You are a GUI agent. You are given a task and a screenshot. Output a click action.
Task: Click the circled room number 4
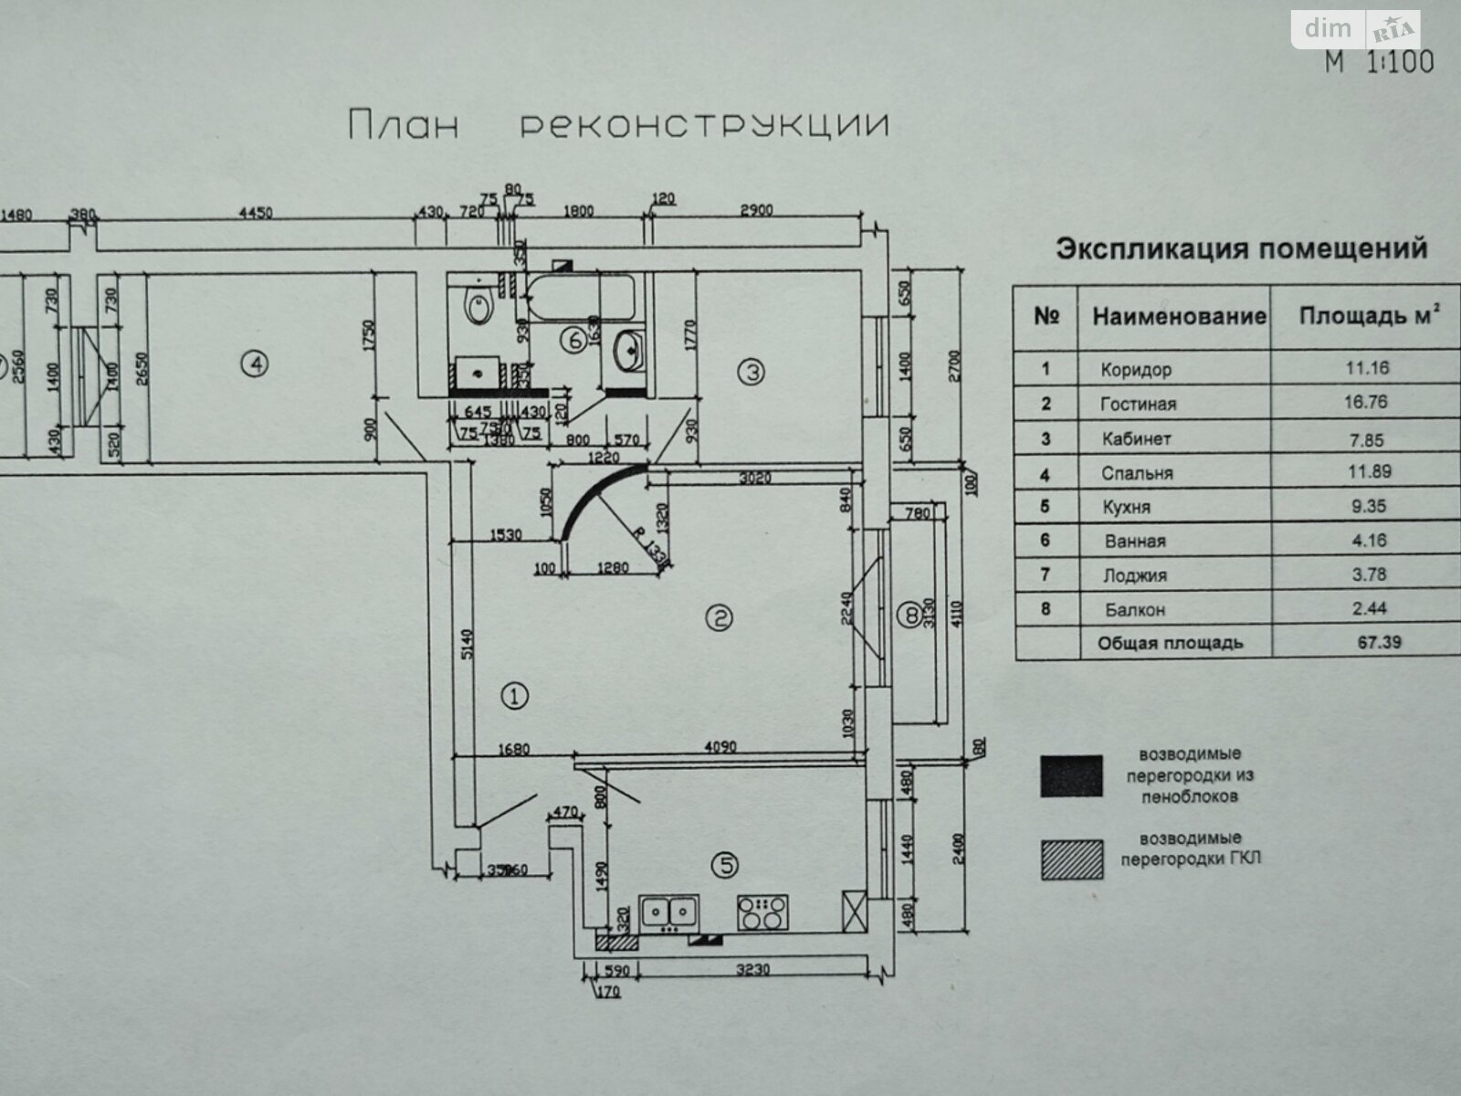[x=256, y=364]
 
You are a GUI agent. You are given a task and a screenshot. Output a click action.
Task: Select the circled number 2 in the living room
[x=719, y=619]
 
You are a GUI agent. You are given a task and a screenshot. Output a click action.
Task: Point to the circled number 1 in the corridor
[x=515, y=698]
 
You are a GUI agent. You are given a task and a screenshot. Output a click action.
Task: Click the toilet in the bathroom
[x=478, y=304]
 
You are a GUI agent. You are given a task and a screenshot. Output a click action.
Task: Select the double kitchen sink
[x=669, y=912]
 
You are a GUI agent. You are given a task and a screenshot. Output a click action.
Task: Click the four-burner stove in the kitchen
[x=762, y=912]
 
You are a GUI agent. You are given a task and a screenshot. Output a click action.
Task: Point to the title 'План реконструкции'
[x=618, y=125]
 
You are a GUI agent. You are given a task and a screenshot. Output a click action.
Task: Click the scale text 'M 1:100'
[x=1379, y=62]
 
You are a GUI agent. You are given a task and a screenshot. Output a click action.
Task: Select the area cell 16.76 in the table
[x=1364, y=403]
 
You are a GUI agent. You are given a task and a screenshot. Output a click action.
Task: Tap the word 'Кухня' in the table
[x=1126, y=507]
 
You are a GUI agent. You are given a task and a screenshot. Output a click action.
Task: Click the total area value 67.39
[x=1378, y=642]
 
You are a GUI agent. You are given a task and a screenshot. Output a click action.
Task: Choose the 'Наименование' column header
[x=1179, y=317]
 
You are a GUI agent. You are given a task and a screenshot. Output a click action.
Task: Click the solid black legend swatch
[x=1071, y=775]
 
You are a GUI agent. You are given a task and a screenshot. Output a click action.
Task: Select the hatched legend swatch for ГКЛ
[x=1071, y=859]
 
